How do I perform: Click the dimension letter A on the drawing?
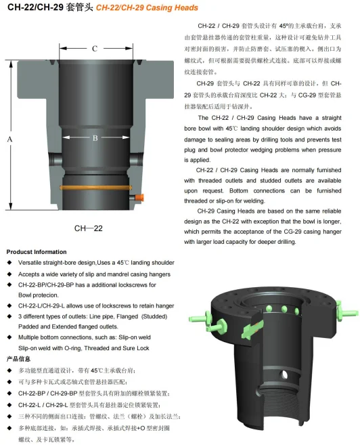coord(10,139)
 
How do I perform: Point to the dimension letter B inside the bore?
coord(95,137)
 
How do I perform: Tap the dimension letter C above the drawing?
coord(95,49)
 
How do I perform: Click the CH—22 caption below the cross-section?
coord(88,228)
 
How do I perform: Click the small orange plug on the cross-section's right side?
coord(140,197)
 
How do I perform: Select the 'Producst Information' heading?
coord(37,251)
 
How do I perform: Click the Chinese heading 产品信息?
coord(18,358)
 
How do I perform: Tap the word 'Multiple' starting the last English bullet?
coord(32,337)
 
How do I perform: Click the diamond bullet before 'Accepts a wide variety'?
coord(9,273)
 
